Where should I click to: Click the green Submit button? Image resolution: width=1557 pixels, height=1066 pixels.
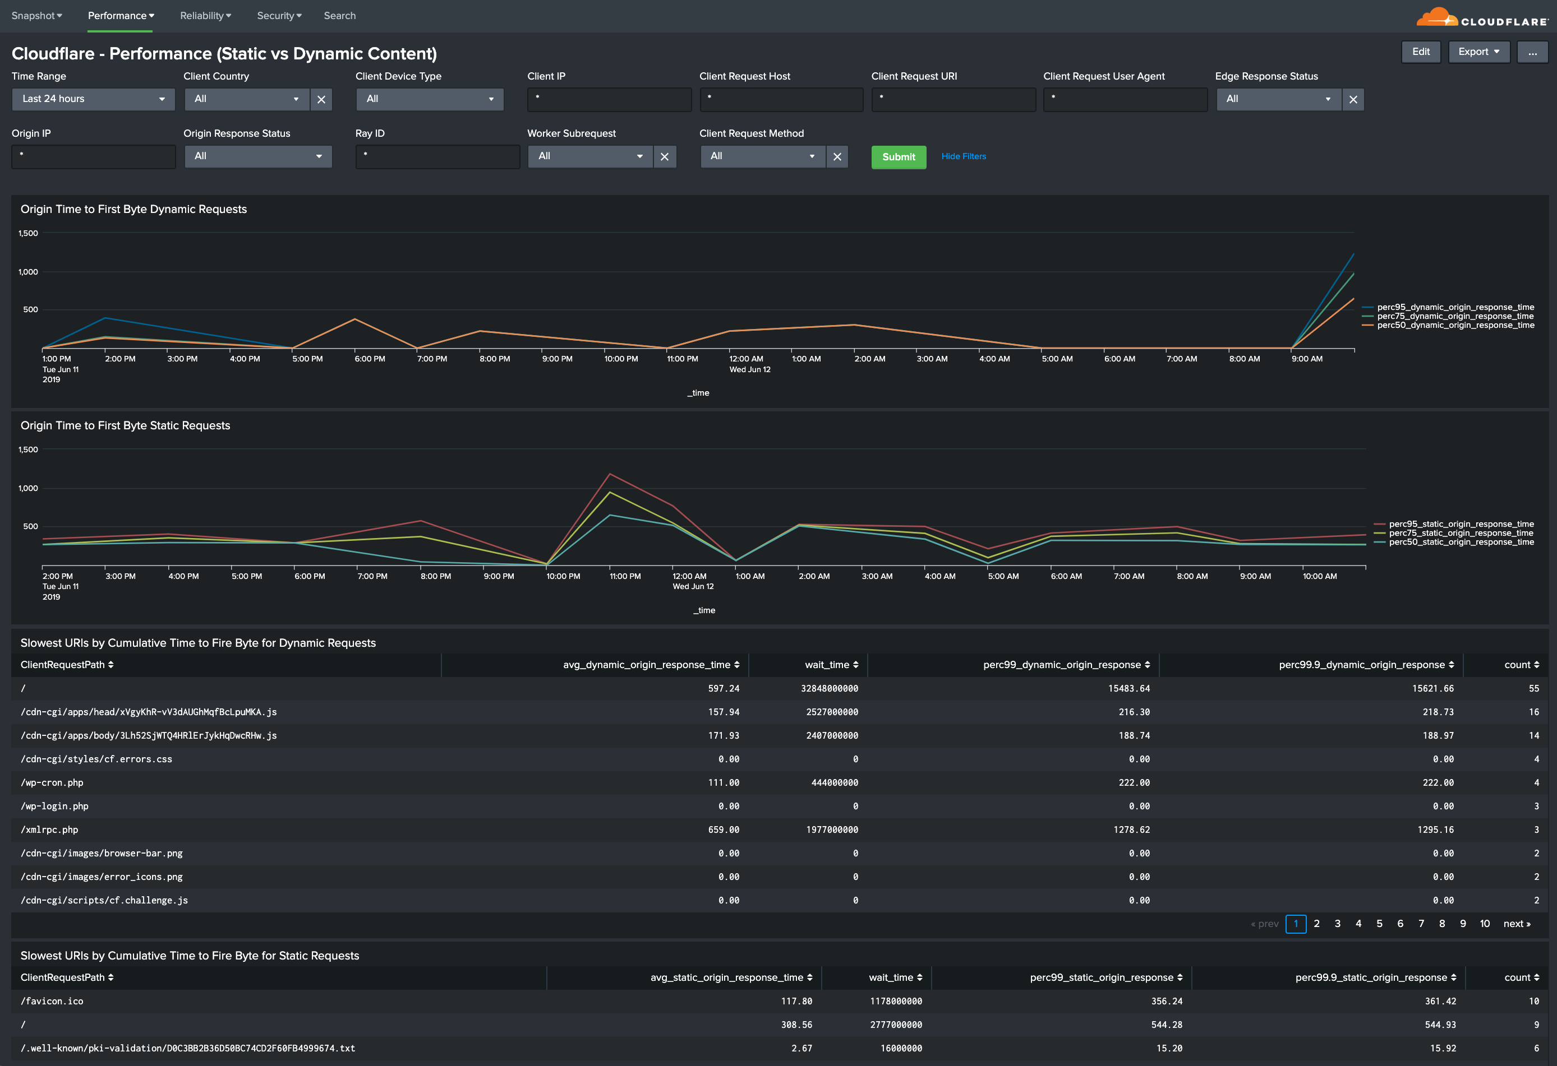tap(898, 157)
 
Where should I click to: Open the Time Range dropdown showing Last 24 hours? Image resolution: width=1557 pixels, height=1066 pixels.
tap(93, 99)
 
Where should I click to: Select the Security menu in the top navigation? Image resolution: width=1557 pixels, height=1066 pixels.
tap(279, 15)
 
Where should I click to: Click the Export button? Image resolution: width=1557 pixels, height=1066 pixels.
tap(1478, 52)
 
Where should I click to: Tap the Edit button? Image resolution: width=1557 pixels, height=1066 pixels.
tap(1420, 52)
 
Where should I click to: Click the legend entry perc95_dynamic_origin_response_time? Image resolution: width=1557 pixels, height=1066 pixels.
tap(1454, 307)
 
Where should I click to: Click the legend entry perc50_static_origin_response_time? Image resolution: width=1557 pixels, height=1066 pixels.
tap(1461, 542)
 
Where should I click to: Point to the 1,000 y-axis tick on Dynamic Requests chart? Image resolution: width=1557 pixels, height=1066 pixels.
tap(28, 272)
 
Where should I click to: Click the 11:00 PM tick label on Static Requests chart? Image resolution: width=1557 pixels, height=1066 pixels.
tap(624, 576)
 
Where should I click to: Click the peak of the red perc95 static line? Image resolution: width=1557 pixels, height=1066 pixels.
tap(610, 474)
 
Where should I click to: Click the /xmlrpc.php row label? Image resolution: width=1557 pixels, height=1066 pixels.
tap(49, 829)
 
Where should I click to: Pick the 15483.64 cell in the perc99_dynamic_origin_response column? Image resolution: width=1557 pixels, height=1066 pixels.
tap(1128, 688)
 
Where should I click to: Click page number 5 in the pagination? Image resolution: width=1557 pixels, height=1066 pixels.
tap(1379, 924)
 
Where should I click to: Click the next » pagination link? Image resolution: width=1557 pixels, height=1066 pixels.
tap(1516, 924)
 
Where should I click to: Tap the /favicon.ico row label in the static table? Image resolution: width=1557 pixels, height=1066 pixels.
tap(52, 1001)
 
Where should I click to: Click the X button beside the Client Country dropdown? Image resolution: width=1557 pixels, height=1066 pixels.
tap(321, 100)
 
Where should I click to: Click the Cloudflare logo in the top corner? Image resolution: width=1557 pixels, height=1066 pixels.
tap(1481, 17)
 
